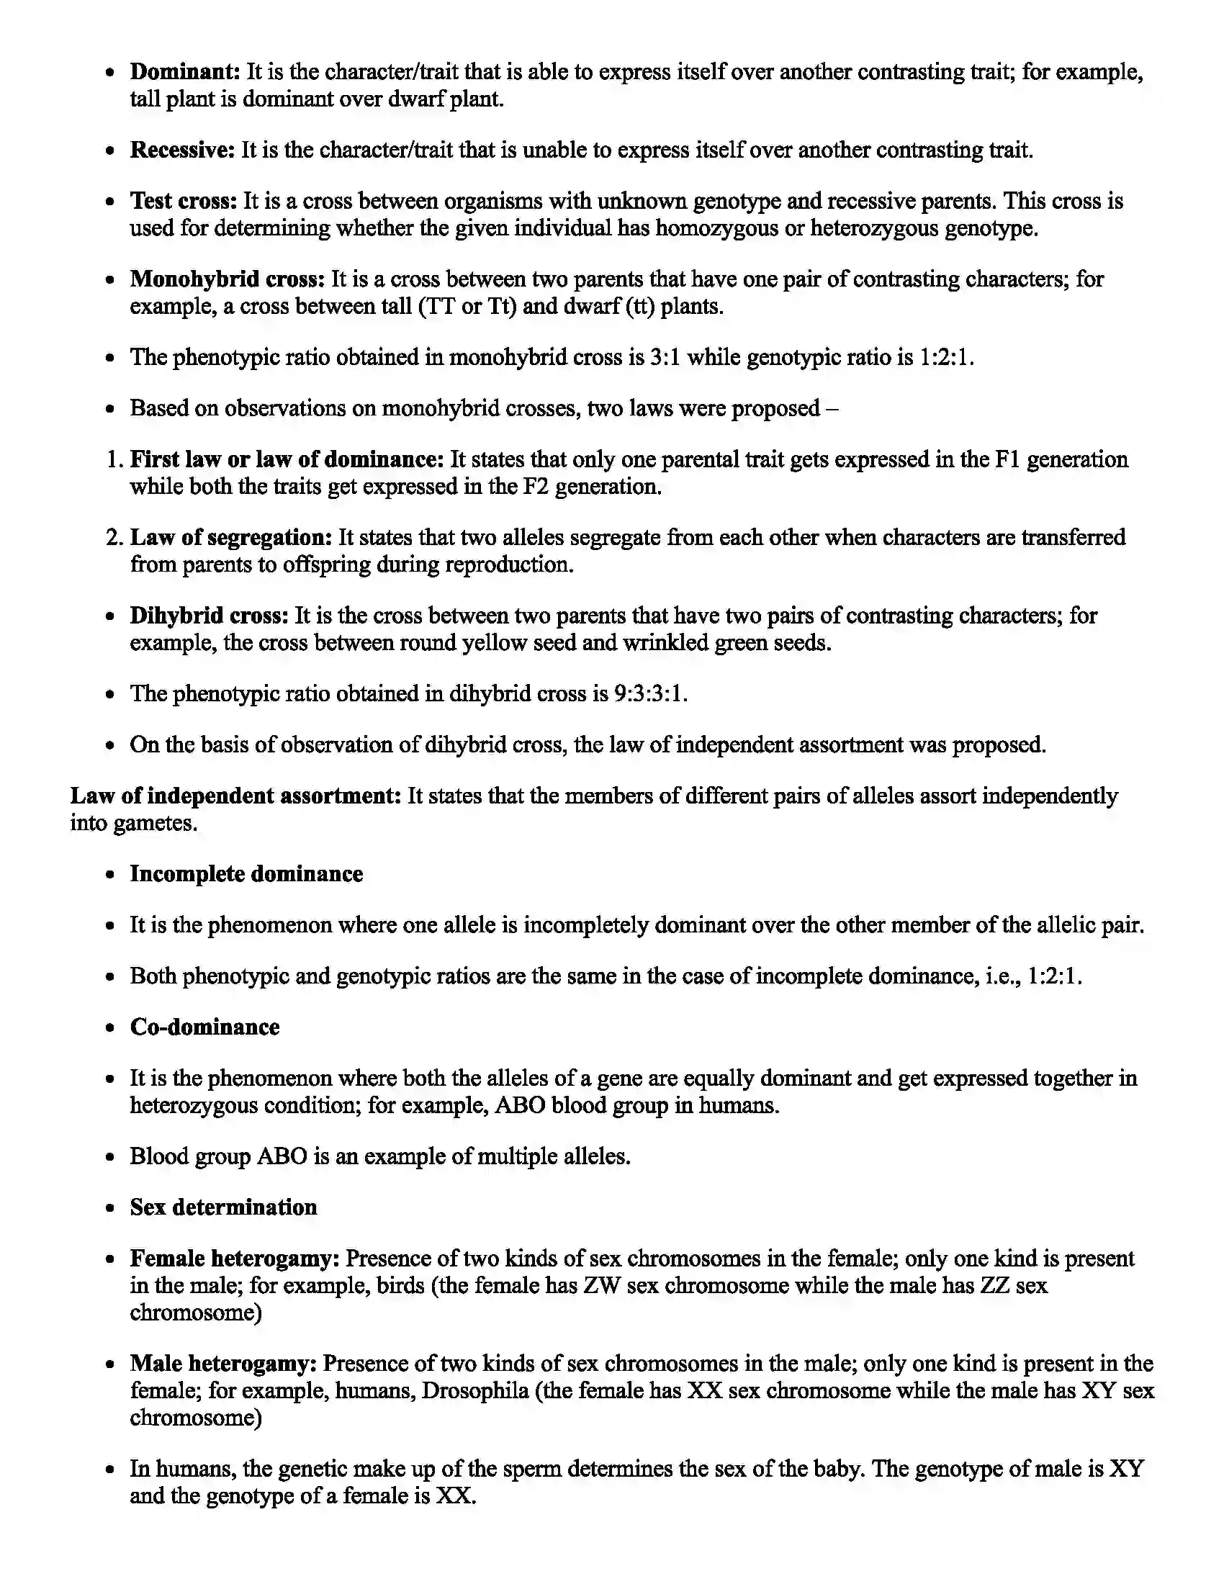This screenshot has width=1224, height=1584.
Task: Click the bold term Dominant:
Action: pyautogui.click(x=185, y=72)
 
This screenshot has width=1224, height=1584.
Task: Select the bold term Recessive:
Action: pyautogui.click(x=182, y=150)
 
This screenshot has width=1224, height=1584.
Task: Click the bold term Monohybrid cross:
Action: pyautogui.click(x=227, y=279)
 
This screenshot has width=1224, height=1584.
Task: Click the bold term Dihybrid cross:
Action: pyautogui.click(x=209, y=616)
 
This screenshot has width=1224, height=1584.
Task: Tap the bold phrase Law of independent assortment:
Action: pyautogui.click(x=235, y=796)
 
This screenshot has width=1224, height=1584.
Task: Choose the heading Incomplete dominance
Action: pyautogui.click(x=246, y=874)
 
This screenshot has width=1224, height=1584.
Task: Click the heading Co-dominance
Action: pyautogui.click(x=204, y=1027)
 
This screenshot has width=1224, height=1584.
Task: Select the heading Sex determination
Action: pyautogui.click(x=223, y=1207)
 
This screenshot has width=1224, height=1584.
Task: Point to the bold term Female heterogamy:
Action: pyautogui.click(x=235, y=1259)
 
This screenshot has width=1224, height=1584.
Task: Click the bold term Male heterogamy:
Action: pyautogui.click(x=223, y=1364)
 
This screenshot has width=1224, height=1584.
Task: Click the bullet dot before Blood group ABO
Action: pyautogui.click(x=110, y=1158)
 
